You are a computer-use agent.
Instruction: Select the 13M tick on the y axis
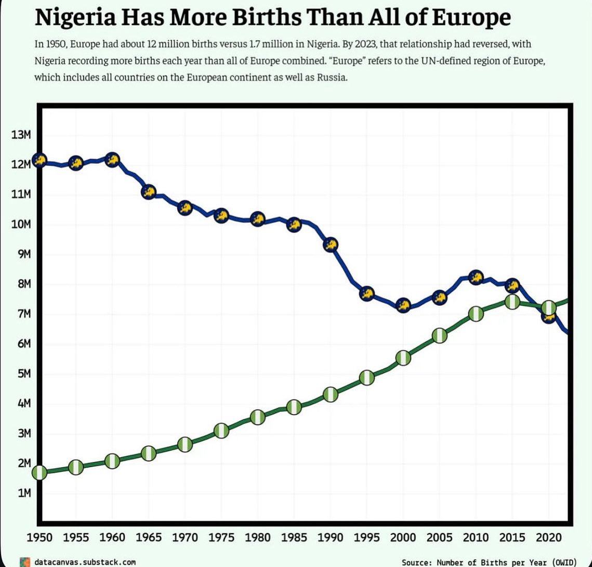pyautogui.click(x=21, y=135)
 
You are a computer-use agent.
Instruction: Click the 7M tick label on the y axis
pyautogui.click(x=21, y=314)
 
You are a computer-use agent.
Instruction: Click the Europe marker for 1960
pyautogui.click(x=112, y=160)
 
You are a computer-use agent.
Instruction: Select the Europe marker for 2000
pyautogui.click(x=403, y=305)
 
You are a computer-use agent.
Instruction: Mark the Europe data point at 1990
pyautogui.click(x=331, y=244)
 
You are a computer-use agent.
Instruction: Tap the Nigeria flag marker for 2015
pyautogui.click(x=512, y=302)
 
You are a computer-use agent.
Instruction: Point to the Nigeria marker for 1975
pyautogui.click(x=221, y=431)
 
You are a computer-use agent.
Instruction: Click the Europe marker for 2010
pyautogui.click(x=476, y=277)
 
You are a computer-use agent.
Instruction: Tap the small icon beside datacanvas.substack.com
pyautogui.click(x=23, y=562)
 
